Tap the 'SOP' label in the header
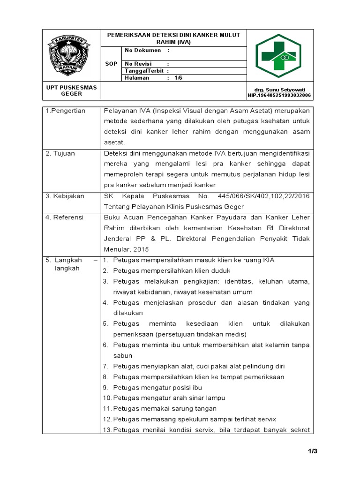click(x=111, y=64)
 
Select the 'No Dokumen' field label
click(x=142, y=50)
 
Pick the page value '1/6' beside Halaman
click(x=178, y=78)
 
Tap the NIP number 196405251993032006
click(x=279, y=95)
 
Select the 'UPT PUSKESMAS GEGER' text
click(x=71, y=90)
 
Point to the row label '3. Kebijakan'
click(x=65, y=196)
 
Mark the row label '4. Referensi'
click(x=65, y=217)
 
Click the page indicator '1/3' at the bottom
click(x=313, y=451)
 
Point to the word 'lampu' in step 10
click(x=216, y=398)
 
